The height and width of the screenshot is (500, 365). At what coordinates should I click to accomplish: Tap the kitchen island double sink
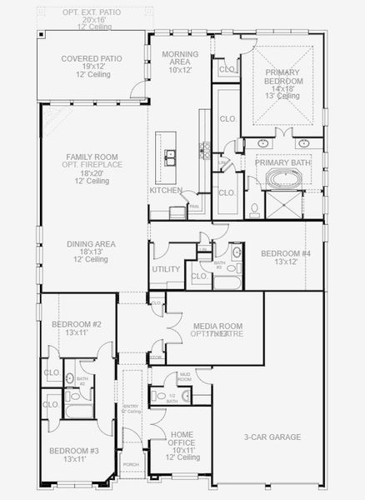coord(171,156)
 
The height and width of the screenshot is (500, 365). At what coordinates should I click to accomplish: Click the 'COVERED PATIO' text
coord(92,59)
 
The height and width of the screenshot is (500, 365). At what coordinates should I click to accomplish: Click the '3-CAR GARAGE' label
coord(272,437)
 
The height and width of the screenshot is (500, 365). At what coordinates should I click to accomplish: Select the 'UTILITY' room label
coord(165,269)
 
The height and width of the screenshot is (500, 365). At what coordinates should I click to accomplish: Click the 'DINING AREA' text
coord(91,244)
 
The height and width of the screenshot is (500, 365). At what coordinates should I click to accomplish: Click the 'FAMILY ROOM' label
coord(92,157)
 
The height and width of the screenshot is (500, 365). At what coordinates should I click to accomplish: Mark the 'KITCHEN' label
coord(166,190)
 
